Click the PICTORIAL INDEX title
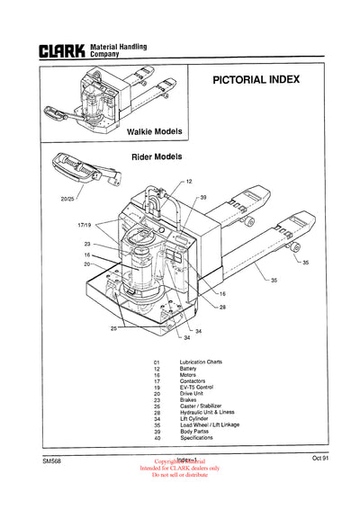tap(256, 79)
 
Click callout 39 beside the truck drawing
tap(203, 197)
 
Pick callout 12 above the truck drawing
tap(189, 181)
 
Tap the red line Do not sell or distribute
tap(179, 475)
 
